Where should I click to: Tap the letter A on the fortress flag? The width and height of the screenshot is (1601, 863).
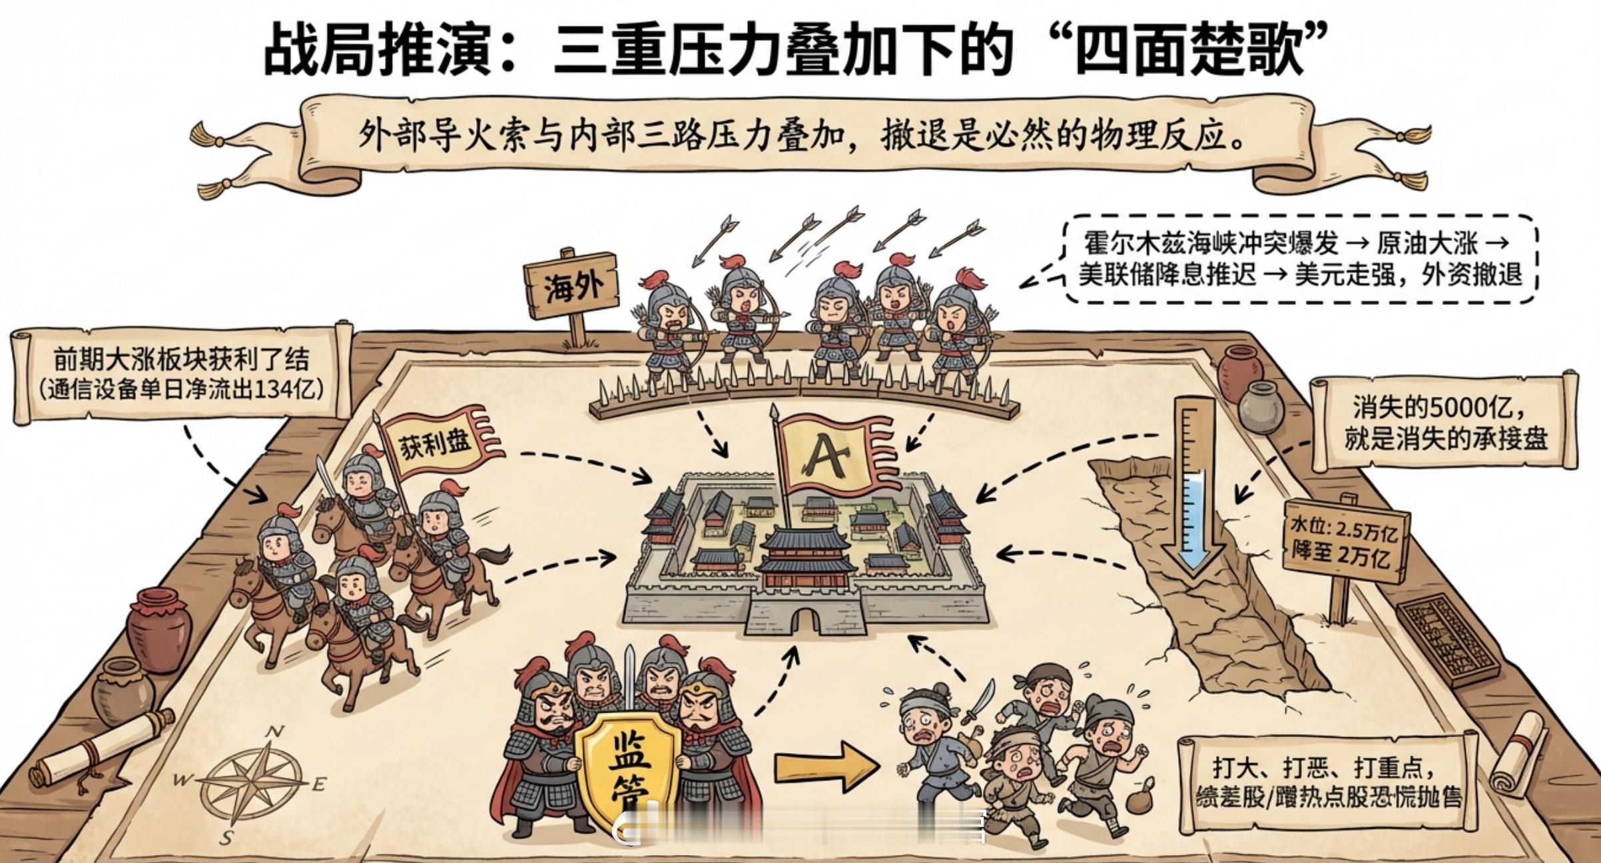(x=827, y=458)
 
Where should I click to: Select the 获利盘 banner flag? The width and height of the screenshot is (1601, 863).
(x=437, y=441)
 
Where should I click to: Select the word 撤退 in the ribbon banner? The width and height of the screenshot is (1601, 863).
(x=912, y=137)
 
